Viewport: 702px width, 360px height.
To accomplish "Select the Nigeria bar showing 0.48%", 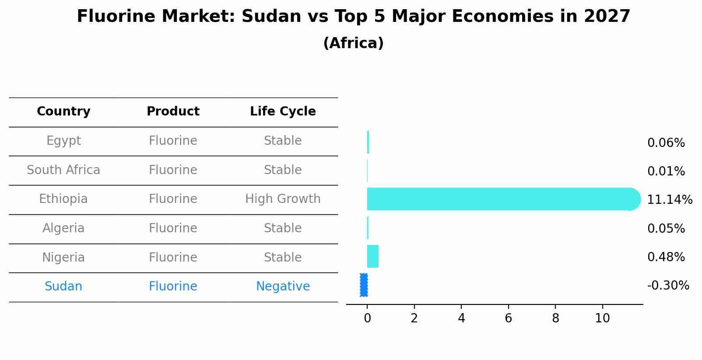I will (x=372, y=256).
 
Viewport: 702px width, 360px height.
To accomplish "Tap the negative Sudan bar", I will (x=364, y=285).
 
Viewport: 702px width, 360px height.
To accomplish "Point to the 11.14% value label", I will (x=669, y=200).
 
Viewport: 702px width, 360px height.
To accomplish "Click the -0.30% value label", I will (x=668, y=286).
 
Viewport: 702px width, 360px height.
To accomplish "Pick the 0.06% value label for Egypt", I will (x=666, y=143).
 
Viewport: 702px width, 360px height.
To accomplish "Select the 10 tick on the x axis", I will (x=602, y=318).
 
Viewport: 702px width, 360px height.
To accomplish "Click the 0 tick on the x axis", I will (x=367, y=318).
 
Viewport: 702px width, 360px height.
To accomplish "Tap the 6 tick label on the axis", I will (x=508, y=318).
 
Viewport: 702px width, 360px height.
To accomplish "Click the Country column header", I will (x=63, y=112).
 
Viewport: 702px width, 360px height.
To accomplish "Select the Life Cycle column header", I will (x=283, y=112).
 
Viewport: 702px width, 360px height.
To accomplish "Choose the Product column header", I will (x=173, y=112).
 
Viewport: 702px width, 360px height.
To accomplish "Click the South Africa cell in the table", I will (x=63, y=170).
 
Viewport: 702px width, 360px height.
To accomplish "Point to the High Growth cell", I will (x=283, y=199).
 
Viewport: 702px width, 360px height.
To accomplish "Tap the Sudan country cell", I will (x=63, y=287).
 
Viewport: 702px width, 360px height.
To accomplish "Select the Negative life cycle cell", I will (x=283, y=287).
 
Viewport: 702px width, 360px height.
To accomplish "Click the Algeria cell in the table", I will (x=63, y=228).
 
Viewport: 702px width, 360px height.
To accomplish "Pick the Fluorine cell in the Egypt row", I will (x=173, y=141).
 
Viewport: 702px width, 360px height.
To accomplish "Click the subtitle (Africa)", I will (x=353, y=43).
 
